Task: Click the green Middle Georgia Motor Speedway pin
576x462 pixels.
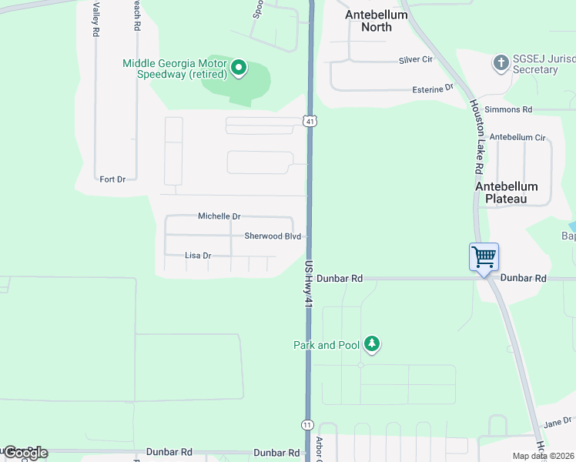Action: click(239, 69)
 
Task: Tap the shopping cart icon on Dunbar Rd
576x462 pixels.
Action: click(484, 256)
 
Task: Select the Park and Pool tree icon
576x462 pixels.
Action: click(373, 344)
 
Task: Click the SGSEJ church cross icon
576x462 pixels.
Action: click(501, 62)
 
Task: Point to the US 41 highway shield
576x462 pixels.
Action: click(309, 121)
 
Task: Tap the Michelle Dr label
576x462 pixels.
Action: click(219, 216)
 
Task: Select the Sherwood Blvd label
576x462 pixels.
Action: click(273, 236)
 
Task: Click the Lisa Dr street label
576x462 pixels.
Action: click(198, 255)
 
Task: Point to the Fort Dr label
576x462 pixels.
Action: click(112, 179)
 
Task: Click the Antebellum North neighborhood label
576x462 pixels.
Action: click(377, 21)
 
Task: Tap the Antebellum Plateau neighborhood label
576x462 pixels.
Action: click(507, 192)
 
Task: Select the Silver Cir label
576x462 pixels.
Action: click(415, 60)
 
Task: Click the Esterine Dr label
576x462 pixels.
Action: click(432, 89)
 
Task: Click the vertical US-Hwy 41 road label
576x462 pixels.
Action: click(308, 285)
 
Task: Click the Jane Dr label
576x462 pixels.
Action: click(558, 422)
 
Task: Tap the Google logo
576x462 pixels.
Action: click(25, 453)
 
